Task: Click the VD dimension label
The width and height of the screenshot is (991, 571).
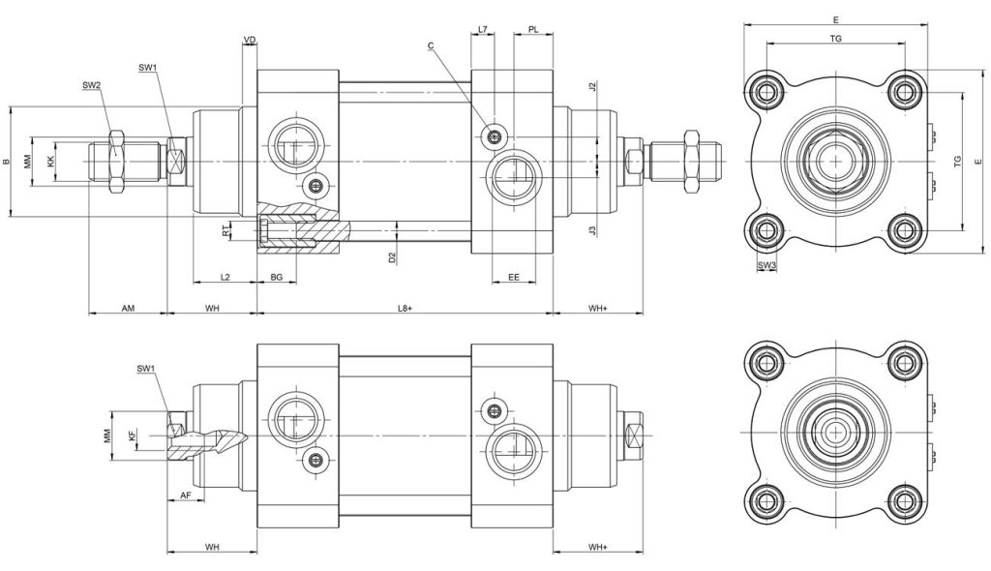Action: click(x=250, y=40)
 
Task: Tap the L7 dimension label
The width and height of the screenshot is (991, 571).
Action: click(x=483, y=29)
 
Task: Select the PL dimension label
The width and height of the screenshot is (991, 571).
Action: click(x=533, y=29)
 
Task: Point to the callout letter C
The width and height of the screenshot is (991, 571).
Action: click(x=431, y=45)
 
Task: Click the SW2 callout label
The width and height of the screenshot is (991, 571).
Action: click(x=91, y=85)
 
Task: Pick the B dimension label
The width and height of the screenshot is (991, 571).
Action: click(x=7, y=162)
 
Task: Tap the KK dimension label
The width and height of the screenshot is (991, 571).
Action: click(x=50, y=162)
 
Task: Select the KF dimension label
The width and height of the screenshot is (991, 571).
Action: click(x=132, y=436)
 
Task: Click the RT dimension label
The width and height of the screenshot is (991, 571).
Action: click(x=225, y=231)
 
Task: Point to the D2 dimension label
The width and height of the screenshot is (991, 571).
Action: click(x=392, y=257)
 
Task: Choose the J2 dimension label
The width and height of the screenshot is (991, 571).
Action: click(x=592, y=87)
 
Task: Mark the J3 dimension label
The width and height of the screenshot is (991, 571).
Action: click(x=592, y=230)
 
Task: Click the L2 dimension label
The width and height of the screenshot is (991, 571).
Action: click(x=225, y=277)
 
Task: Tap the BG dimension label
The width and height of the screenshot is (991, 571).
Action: click(x=276, y=277)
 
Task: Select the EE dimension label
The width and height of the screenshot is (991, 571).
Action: click(x=514, y=277)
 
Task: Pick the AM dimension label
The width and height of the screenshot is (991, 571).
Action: click(x=128, y=308)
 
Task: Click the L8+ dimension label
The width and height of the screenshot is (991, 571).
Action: click(x=405, y=308)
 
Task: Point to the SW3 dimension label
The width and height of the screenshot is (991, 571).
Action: click(x=766, y=265)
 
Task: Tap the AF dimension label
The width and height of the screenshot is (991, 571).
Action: click(x=186, y=494)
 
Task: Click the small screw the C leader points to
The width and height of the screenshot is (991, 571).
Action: click(x=495, y=135)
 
